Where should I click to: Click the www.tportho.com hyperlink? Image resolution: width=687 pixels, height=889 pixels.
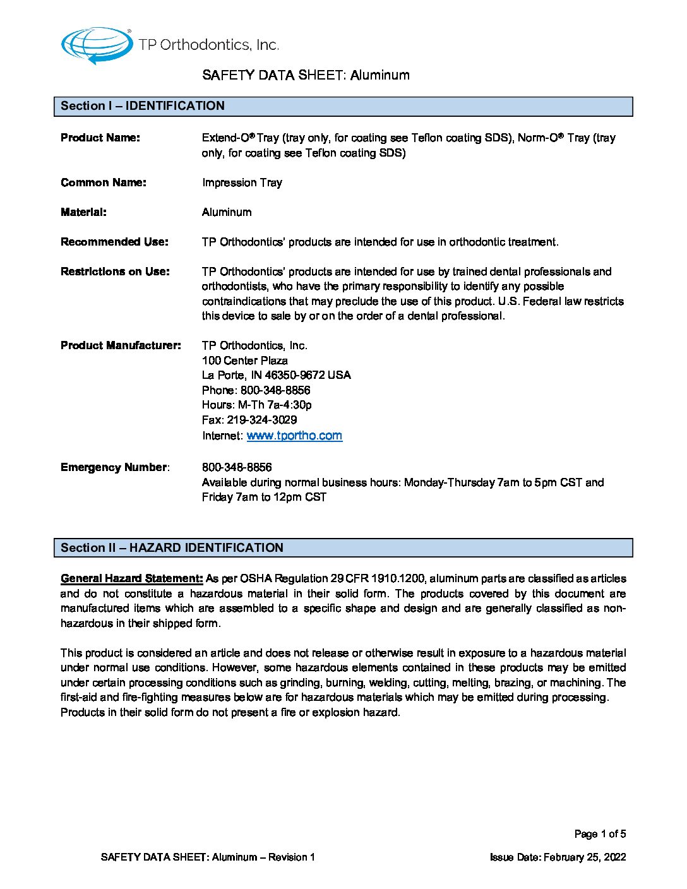click(294, 436)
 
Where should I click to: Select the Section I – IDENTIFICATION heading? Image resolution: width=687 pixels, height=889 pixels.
click(143, 106)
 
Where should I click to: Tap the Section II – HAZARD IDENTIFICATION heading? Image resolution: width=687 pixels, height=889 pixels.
click(172, 548)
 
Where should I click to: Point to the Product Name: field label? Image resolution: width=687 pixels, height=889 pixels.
click(100, 138)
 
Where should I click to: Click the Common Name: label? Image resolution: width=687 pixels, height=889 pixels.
click(104, 182)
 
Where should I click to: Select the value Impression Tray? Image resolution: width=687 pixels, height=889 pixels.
click(242, 182)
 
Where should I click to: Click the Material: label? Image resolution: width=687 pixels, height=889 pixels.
click(83, 212)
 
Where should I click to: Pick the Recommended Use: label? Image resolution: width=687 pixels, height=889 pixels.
click(114, 242)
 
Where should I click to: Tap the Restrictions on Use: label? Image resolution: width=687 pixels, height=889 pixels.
click(115, 271)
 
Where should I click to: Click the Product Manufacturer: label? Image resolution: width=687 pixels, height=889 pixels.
click(121, 345)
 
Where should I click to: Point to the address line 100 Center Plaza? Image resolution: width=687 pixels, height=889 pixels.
click(245, 361)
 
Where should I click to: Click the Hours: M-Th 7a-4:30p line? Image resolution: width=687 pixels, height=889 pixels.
click(257, 405)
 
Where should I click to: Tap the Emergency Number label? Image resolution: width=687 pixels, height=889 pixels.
click(114, 467)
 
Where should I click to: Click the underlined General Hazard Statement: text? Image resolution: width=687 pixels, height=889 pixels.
click(132, 578)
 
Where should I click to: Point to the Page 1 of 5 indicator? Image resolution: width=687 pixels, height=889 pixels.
click(600, 834)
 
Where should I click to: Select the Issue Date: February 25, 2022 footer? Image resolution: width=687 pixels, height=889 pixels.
click(558, 857)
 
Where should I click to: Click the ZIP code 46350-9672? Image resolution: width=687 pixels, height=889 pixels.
click(295, 375)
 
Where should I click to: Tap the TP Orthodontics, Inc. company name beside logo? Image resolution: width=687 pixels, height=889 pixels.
click(208, 45)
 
